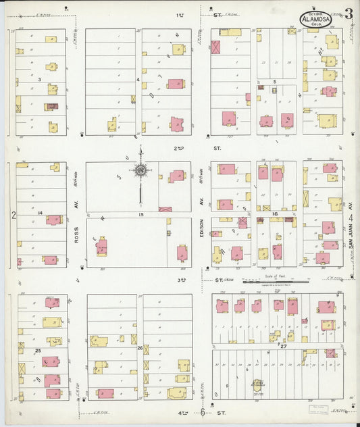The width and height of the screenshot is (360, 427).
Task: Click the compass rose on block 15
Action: coord(140,171)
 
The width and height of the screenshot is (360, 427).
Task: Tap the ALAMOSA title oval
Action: coord(316,20)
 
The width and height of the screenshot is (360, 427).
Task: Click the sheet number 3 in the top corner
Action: coord(347,14)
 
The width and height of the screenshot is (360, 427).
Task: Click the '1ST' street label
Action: coord(180,14)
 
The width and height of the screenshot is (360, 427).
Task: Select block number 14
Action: coord(41,214)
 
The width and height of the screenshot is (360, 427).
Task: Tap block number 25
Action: coord(38,351)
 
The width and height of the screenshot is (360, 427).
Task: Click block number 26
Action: coord(140,348)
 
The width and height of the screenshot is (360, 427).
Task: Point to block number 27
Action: coord(283,346)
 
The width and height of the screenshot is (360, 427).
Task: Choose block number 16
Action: coord(274,214)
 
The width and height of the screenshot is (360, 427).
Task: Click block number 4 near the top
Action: coord(138,80)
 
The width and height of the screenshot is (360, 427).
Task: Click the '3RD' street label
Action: coord(181,279)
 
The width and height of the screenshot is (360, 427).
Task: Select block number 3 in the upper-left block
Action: coord(40,80)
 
